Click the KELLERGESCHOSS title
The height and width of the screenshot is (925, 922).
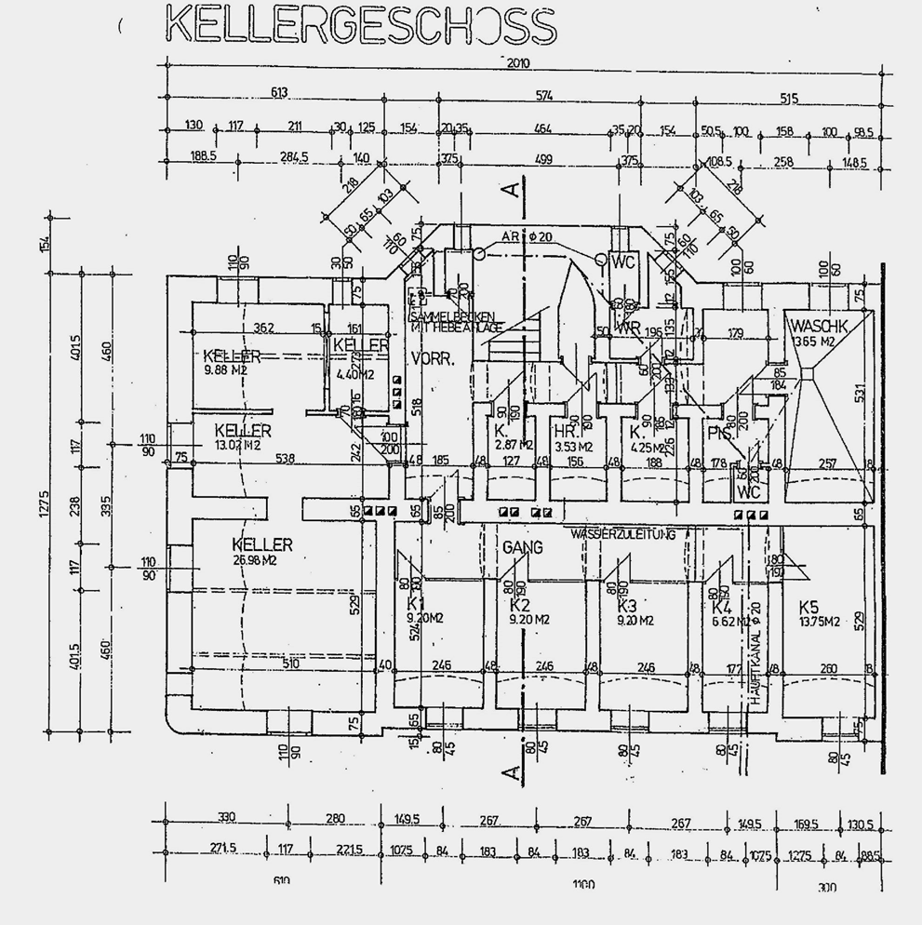tap(359, 25)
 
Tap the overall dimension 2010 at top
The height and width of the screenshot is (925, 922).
tap(519, 63)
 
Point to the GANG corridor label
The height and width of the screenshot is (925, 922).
tap(523, 549)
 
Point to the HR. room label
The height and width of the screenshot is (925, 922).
tap(565, 433)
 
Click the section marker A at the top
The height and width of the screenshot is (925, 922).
tap(510, 191)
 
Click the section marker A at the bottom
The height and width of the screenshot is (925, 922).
tap(509, 771)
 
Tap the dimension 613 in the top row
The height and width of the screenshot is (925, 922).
tap(280, 92)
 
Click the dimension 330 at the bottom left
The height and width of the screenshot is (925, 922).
tap(226, 818)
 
